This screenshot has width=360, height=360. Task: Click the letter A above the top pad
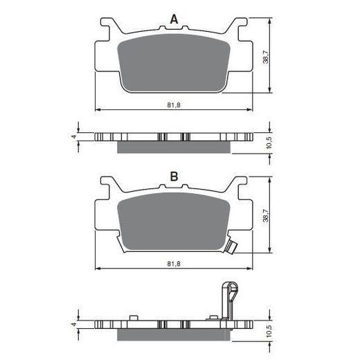[x=174, y=19]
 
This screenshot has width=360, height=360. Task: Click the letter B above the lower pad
[x=174, y=177]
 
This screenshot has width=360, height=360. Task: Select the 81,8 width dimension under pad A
[x=174, y=105]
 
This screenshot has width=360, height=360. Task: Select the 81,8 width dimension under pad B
[x=174, y=264]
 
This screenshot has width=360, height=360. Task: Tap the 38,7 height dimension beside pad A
[x=266, y=57]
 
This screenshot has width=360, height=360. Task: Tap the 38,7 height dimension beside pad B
[x=266, y=215]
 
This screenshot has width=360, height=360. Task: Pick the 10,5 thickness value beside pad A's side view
[x=269, y=143]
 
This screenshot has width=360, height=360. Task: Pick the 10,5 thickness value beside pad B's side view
[x=269, y=331]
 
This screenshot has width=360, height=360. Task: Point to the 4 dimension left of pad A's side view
[x=74, y=136]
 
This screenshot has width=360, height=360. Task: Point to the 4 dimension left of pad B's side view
[x=74, y=324]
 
